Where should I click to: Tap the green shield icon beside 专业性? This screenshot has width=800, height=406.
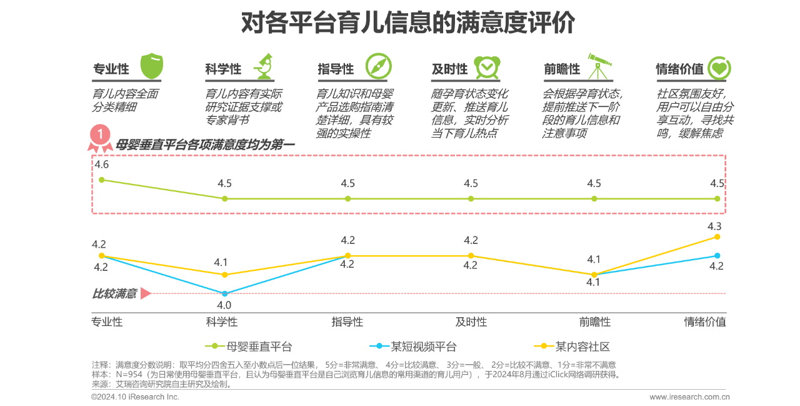pyautogui.click(x=151, y=66)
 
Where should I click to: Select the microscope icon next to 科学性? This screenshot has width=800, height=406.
pyautogui.click(x=264, y=67)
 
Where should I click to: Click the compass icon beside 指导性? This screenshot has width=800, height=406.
pyautogui.click(x=377, y=66)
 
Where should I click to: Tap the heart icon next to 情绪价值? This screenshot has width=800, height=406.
pyautogui.click(x=719, y=68)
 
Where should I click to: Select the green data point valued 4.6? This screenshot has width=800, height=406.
pyautogui.click(x=102, y=180)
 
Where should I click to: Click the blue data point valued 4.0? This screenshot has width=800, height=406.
pyautogui.click(x=225, y=293)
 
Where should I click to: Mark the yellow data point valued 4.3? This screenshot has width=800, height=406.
pyautogui.click(x=717, y=236)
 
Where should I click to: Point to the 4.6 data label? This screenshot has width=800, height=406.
pyautogui.click(x=101, y=165)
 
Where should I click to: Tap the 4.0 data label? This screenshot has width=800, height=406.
pyautogui.click(x=224, y=305)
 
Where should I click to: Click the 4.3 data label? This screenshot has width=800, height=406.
pyautogui.click(x=714, y=226)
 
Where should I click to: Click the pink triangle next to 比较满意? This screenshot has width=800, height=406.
pyautogui.click(x=146, y=293)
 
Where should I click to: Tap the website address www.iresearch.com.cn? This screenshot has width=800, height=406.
pyautogui.click(x=689, y=397)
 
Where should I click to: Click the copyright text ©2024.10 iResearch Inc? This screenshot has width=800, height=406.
pyautogui.click(x=135, y=397)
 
